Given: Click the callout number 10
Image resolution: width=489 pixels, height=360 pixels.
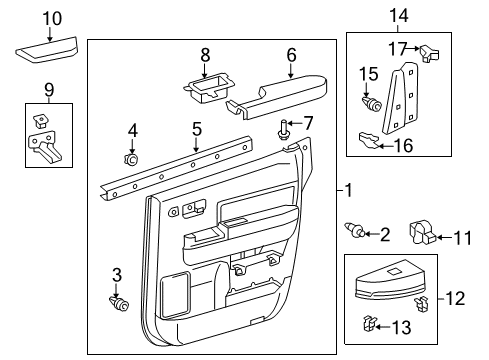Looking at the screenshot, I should pyautogui.click(x=52, y=18).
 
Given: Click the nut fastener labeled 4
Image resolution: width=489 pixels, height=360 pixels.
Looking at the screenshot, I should pyautogui.click(x=130, y=158).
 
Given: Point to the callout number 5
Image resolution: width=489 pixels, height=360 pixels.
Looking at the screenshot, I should pyautogui.click(x=197, y=129).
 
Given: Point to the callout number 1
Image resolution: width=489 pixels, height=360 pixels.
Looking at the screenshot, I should pyautogui.click(x=346, y=190).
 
